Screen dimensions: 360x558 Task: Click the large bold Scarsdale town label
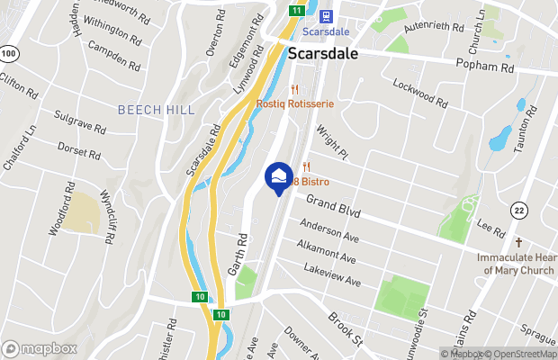[323, 53]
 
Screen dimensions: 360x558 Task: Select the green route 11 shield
[296, 10]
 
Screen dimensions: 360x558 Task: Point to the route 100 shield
[9, 54]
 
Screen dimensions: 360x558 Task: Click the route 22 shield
[518, 210]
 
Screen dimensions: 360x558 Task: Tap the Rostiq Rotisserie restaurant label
[295, 103]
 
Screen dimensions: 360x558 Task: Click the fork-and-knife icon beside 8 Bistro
[306, 166]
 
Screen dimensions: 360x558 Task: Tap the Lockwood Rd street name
[420, 93]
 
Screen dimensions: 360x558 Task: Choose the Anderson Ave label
[329, 231]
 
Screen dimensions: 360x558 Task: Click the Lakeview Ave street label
[332, 276]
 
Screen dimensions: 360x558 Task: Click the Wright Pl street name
[330, 142]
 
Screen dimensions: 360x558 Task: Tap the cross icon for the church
[518, 242]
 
